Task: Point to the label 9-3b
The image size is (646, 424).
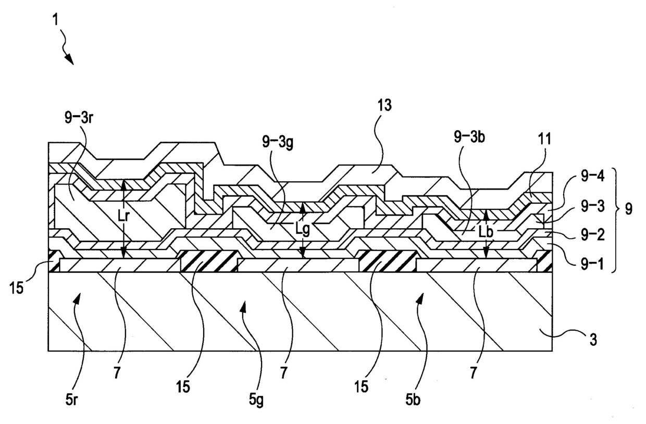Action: point(467,138)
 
